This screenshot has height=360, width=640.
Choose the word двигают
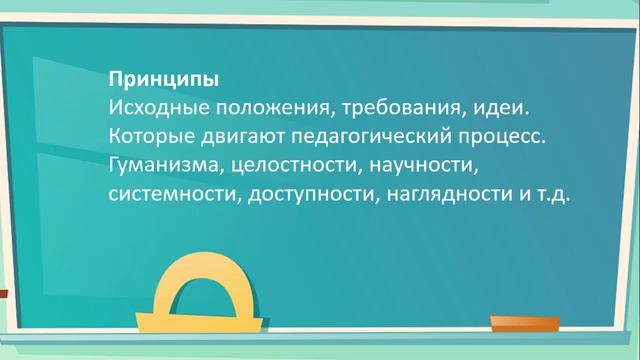[229, 134]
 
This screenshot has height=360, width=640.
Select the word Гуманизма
[158, 163]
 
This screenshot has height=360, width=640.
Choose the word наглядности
[443, 192]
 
